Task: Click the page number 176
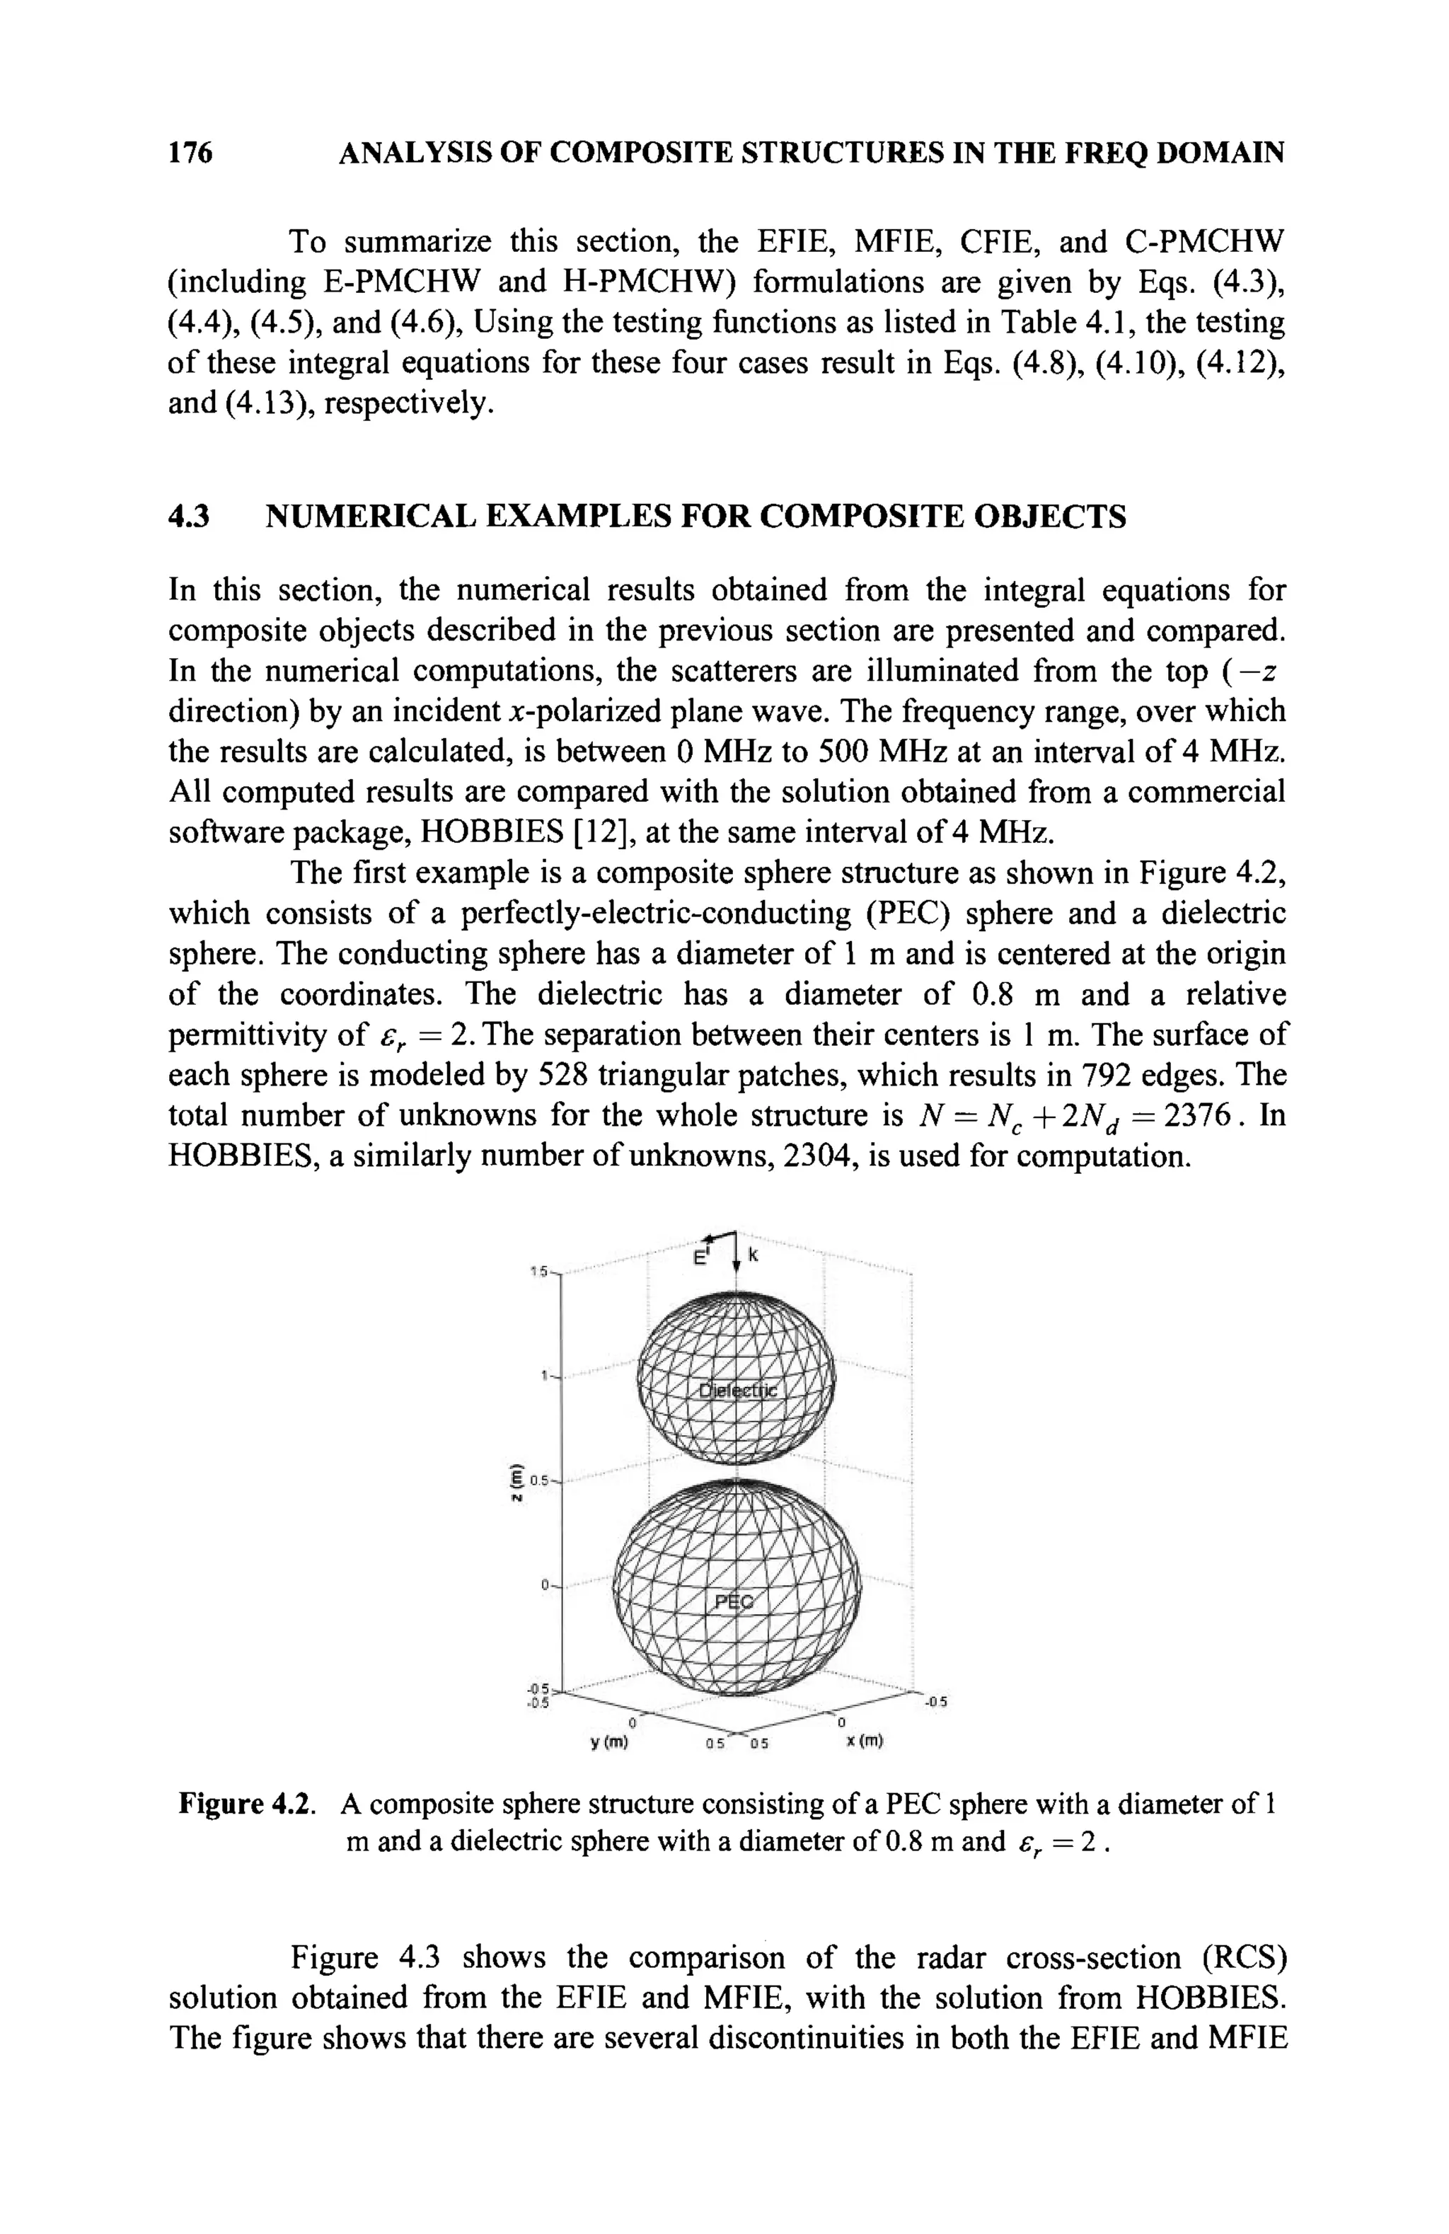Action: (x=190, y=152)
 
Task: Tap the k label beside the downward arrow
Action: (x=754, y=1255)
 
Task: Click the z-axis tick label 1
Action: (x=543, y=1377)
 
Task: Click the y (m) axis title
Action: (x=608, y=1742)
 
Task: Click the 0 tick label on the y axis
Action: (x=632, y=1722)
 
